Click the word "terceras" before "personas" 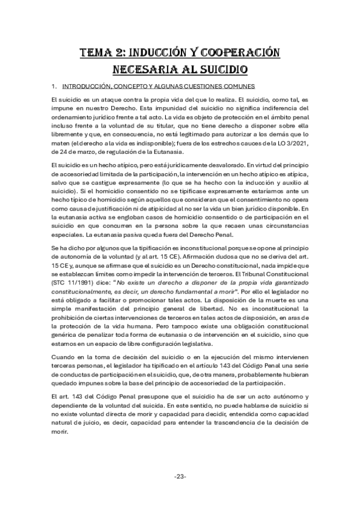click(65, 367)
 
